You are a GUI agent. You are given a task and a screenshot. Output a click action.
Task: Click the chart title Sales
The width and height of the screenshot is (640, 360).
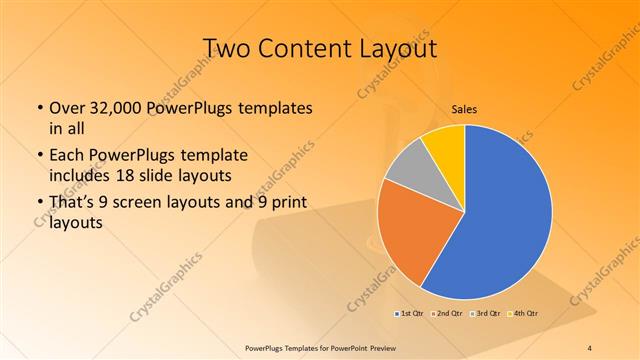click(x=464, y=109)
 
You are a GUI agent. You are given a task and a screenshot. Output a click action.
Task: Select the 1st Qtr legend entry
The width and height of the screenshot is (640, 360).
click(x=409, y=314)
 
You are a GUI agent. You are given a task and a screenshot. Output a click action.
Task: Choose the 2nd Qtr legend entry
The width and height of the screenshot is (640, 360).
click(x=445, y=314)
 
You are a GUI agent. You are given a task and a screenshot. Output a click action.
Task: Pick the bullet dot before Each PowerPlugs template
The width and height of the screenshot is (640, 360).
click(x=39, y=157)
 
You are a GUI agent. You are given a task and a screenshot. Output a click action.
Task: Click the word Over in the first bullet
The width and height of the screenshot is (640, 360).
click(x=68, y=108)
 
